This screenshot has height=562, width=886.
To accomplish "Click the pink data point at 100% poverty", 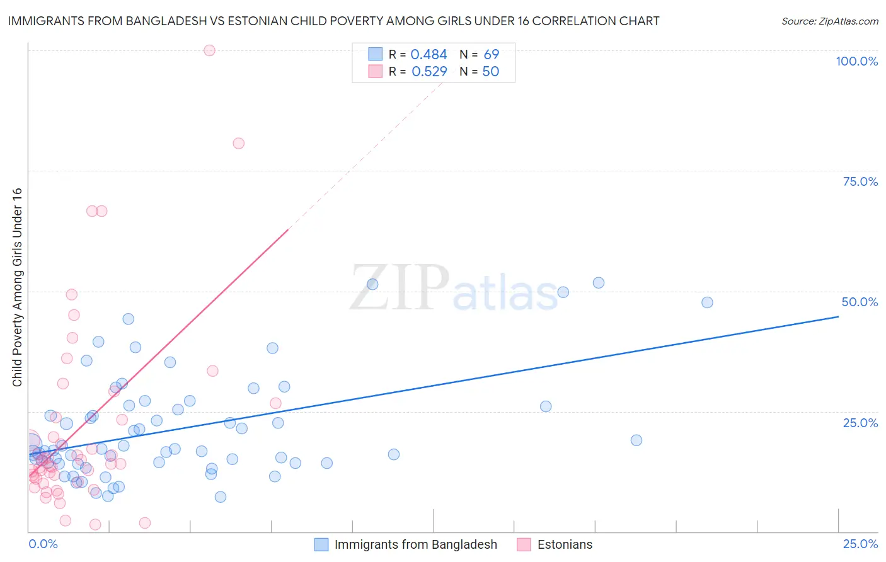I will pyautogui.click(x=210, y=50).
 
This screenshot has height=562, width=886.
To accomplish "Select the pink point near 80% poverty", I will pyautogui.click(x=238, y=144).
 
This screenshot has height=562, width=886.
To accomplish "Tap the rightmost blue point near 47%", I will pyautogui.click(x=707, y=302).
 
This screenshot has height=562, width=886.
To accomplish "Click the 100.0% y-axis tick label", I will pyautogui.click(x=856, y=61).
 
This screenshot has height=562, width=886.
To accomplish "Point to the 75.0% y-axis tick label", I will pyautogui.click(x=860, y=181).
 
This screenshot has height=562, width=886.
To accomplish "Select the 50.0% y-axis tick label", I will pyautogui.click(x=860, y=302).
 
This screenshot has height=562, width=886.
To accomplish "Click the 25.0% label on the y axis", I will pyautogui.click(x=860, y=423).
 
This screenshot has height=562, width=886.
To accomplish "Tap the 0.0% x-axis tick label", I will pyautogui.click(x=43, y=544).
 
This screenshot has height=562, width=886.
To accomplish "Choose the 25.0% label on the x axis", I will pyautogui.click(x=860, y=544).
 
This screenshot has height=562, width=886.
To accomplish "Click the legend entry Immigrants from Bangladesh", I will pyautogui.click(x=415, y=544).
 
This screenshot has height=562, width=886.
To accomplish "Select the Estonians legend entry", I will pyautogui.click(x=565, y=544).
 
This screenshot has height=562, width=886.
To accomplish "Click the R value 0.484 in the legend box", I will pyautogui.click(x=429, y=55).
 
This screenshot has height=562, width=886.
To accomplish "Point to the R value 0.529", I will pyautogui.click(x=429, y=72).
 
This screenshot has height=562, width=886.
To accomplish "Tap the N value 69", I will pyautogui.click(x=491, y=55).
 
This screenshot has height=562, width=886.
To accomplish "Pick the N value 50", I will pyautogui.click(x=490, y=72).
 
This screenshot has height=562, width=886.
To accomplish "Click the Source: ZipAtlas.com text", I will pyautogui.click(x=829, y=21).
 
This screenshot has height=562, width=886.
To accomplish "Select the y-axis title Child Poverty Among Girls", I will pyautogui.click(x=17, y=287).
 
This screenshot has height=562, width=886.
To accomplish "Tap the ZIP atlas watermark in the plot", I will pyautogui.click(x=454, y=289).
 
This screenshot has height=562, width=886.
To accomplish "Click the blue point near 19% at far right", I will pyautogui.click(x=636, y=440).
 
